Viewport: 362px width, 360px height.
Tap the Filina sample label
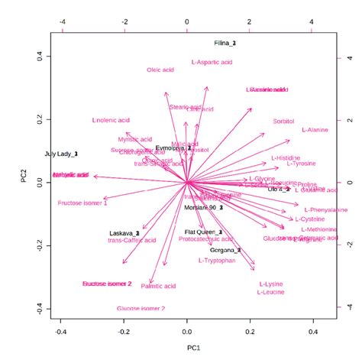click(225, 44)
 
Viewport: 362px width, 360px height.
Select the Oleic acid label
click(161, 70)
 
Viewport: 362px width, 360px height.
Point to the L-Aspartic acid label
click(212, 61)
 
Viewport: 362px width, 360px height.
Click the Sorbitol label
click(283, 122)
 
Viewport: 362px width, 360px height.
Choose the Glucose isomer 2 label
click(141, 308)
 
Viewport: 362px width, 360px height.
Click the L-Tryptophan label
click(216, 261)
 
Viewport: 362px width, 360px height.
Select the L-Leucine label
click(271, 292)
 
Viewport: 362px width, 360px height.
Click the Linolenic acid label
click(112, 120)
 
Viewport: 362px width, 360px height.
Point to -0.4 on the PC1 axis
click(62, 332)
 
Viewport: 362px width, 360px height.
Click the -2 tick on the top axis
click(124, 22)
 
